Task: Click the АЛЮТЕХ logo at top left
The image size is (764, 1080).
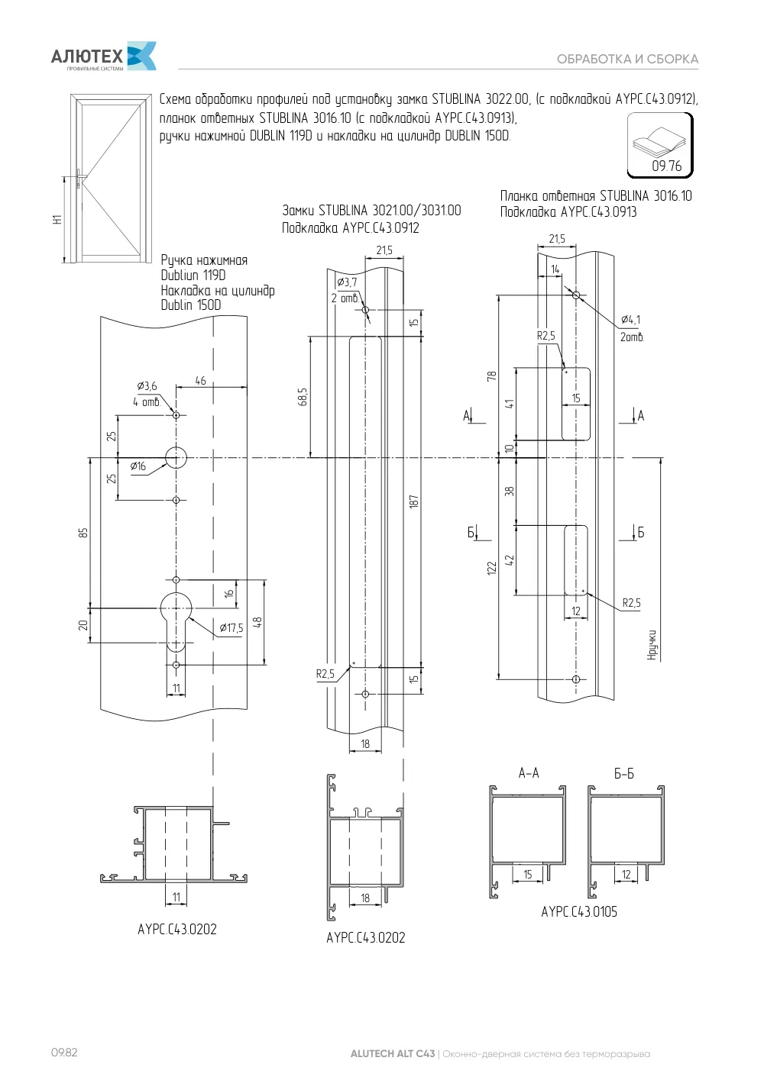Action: click(x=103, y=56)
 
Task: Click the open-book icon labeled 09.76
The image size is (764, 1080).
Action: click(x=660, y=145)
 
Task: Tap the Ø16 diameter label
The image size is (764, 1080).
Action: click(x=138, y=466)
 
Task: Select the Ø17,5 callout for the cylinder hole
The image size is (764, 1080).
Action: click(x=231, y=627)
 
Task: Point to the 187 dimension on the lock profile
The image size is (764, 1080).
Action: click(x=413, y=501)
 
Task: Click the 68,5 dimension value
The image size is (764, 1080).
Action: click(x=303, y=397)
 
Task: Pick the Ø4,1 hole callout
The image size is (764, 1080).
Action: click(x=631, y=320)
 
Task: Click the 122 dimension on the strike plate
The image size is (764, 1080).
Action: click(x=492, y=568)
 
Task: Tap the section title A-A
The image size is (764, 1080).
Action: click(x=529, y=773)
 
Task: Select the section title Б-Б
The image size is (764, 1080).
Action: click(x=623, y=774)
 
